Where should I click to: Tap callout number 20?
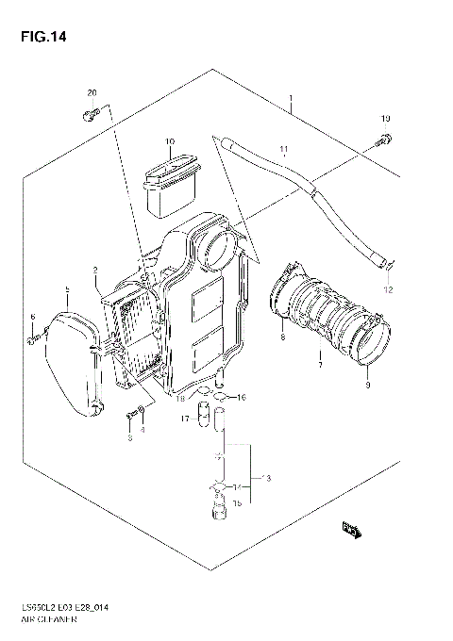92,91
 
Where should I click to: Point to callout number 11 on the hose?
280,149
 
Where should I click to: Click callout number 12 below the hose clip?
386,289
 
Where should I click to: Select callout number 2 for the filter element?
95,271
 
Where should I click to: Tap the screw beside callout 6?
34,334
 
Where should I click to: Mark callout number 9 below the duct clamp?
367,384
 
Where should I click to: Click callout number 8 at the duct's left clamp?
282,336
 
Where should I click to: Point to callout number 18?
179,400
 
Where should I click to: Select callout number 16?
242,397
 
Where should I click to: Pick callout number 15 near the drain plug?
238,504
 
